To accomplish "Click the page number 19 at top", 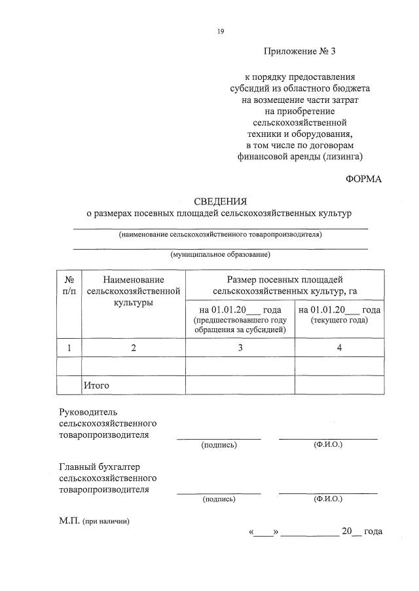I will click(x=221, y=31).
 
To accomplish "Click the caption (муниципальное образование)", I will click(x=220, y=254).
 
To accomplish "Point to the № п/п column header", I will click(x=69, y=285).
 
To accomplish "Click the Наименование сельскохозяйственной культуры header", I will click(x=133, y=291).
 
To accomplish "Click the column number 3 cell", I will click(x=240, y=348).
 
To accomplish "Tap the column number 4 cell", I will click(x=339, y=348).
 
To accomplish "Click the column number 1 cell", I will click(x=69, y=348).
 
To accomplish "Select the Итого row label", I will click(x=96, y=385).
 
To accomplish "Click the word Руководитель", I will click(x=87, y=411).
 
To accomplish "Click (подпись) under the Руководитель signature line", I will click(x=219, y=445).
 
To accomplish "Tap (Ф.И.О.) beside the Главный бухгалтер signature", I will click(x=328, y=499).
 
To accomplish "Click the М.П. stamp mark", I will click(x=69, y=521).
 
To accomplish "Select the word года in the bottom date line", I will click(x=373, y=531).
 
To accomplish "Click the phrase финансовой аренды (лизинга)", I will click(x=299, y=157).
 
